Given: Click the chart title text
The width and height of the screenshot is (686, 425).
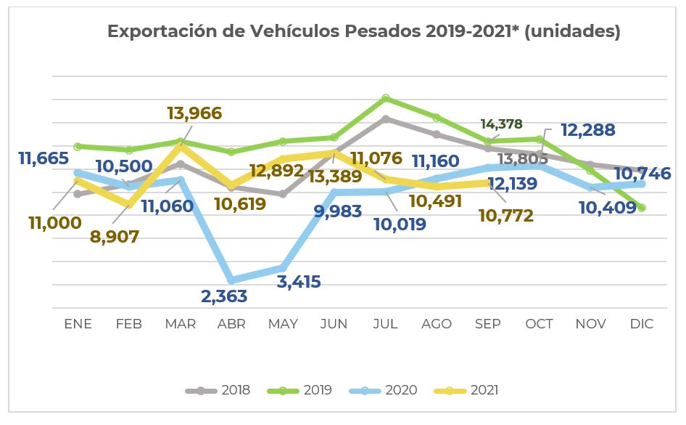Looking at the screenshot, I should [x=363, y=32].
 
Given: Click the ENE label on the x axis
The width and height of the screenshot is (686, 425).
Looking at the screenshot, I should [x=78, y=324].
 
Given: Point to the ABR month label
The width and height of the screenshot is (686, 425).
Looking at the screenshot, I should [x=231, y=324].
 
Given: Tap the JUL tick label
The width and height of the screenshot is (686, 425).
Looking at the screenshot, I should [x=385, y=324].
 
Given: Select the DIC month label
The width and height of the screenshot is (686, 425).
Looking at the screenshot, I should [x=642, y=324].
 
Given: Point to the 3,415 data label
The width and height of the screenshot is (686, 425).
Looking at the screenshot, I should [x=299, y=282].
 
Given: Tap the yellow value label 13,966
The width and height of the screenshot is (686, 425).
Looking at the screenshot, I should [x=194, y=113].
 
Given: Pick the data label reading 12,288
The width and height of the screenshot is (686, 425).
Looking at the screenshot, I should [x=587, y=131].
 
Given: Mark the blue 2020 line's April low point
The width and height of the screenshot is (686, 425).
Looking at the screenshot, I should [x=231, y=280].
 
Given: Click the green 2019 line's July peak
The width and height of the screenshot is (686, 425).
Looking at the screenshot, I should [x=386, y=98].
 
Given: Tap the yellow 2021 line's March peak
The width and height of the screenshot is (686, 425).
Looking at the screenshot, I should [x=180, y=146].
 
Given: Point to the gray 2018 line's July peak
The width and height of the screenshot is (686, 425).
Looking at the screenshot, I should [x=386, y=118].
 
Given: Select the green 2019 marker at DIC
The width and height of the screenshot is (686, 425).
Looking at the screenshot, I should [x=642, y=208].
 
